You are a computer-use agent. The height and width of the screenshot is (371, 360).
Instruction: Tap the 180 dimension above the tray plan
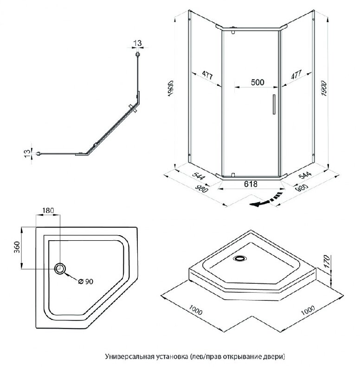[x=48, y=211]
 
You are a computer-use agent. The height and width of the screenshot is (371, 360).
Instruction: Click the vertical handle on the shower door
[x=274, y=104]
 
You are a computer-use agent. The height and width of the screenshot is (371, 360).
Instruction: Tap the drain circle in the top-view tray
[x=61, y=268]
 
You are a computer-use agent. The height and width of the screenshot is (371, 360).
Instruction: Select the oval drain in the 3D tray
[x=240, y=259]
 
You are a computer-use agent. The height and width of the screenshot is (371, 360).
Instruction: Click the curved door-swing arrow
[x=266, y=200]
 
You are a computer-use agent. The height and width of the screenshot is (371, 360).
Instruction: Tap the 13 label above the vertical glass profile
[x=137, y=43]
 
